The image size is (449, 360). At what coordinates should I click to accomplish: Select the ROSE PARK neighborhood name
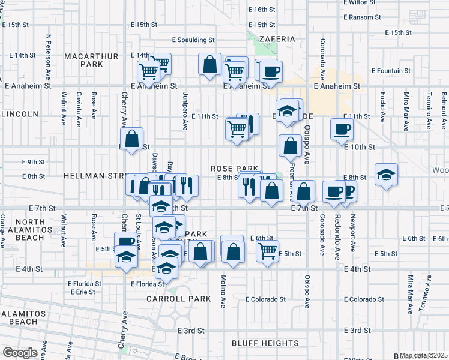[x=234, y=169]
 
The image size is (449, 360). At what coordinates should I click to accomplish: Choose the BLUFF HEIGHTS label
[x=265, y=343]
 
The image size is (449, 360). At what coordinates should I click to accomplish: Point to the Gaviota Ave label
[x=79, y=109]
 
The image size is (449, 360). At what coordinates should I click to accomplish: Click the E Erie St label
[x=82, y=292]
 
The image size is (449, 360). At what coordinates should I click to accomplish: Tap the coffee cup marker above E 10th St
[x=342, y=128]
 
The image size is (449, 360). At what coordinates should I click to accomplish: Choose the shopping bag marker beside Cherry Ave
[x=133, y=137]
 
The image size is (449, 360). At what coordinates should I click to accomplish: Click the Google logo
[x=20, y=353]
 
